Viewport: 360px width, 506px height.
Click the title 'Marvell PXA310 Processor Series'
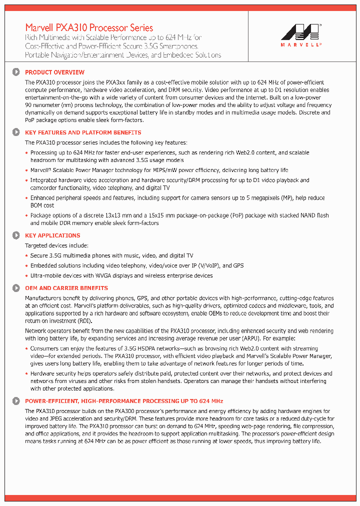tap(89, 28)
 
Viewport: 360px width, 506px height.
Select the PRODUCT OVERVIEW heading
tap(54, 72)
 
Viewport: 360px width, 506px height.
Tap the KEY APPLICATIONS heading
tap(52, 235)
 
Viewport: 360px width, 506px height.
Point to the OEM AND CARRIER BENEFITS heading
tap(66, 288)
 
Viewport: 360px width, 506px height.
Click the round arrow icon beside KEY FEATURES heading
tap(16, 132)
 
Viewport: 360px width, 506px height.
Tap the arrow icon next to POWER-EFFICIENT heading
tap(16, 401)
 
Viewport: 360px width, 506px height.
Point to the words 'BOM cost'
tap(42, 205)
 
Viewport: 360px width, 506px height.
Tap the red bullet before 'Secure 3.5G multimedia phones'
tap(27, 256)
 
